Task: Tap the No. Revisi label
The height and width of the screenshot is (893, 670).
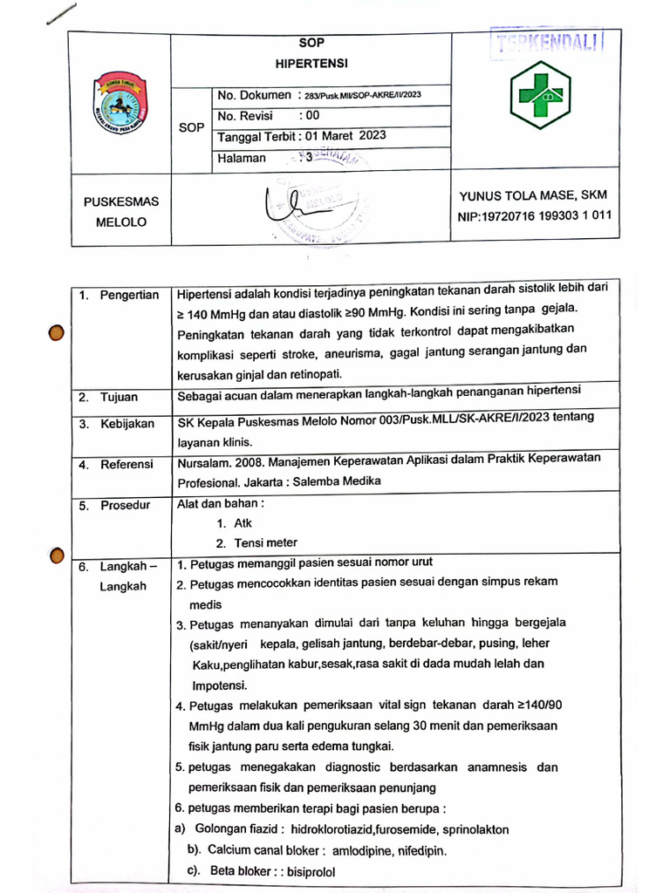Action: [x=245, y=115]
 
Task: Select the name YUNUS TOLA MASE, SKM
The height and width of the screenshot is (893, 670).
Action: [x=532, y=195]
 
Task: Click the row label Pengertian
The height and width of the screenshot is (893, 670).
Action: [x=128, y=295]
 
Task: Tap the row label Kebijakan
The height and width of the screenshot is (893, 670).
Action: [x=126, y=424]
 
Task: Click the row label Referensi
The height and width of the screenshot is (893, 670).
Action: [x=126, y=464]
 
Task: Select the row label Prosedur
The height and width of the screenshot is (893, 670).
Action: [x=125, y=505]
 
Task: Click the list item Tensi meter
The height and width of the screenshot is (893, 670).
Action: [x=265, y=543]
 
